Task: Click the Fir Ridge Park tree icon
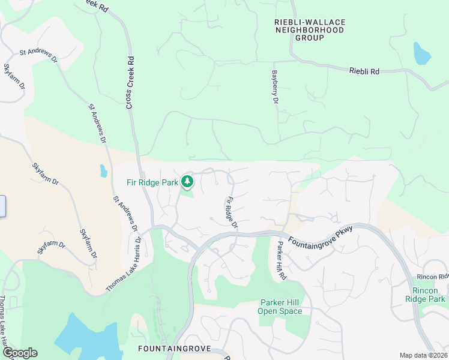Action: click(188, 181)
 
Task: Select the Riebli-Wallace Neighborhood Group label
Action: click(310, 30)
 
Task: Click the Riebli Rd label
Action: click(364, 71)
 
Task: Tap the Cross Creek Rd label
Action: click(130, 83)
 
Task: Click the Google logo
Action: click(19, 353)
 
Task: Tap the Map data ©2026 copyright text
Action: click(423, 355)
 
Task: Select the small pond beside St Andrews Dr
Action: click(104, 172)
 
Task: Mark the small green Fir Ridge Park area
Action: click(187, 192)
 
